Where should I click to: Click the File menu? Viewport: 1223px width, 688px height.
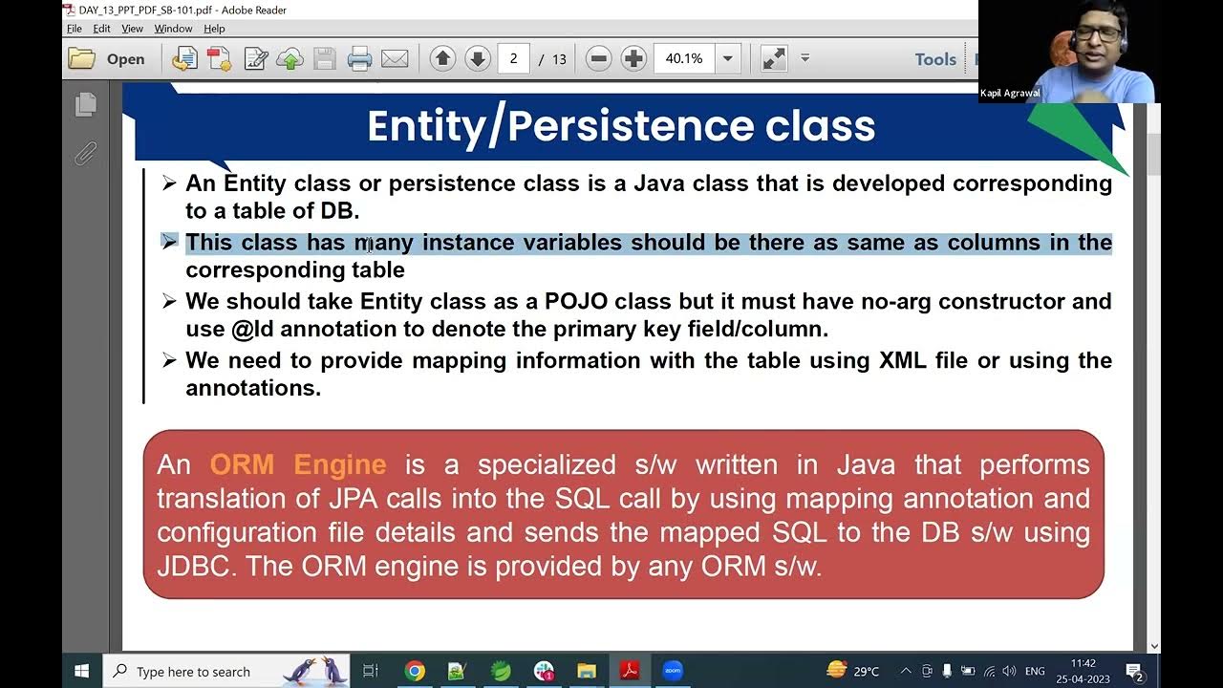74,29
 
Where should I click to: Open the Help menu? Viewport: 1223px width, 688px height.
214,29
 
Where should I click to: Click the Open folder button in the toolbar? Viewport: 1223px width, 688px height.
107,59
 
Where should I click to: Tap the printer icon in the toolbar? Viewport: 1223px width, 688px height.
359,59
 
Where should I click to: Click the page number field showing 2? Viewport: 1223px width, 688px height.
513,59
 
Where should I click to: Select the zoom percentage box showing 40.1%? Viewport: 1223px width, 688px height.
684,59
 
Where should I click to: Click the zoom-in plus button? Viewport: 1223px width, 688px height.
633,59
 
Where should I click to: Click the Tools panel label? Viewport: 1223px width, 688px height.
934,59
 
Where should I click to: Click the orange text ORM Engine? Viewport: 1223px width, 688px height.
297,465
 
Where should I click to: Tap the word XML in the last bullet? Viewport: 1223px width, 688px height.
902,361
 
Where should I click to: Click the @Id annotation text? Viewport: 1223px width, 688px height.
252,330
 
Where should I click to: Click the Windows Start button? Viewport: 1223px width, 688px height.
81,671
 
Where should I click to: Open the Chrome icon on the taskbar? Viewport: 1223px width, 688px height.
415,671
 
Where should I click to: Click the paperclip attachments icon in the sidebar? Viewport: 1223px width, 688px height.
86,153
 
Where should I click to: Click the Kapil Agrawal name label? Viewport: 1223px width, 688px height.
1010,93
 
